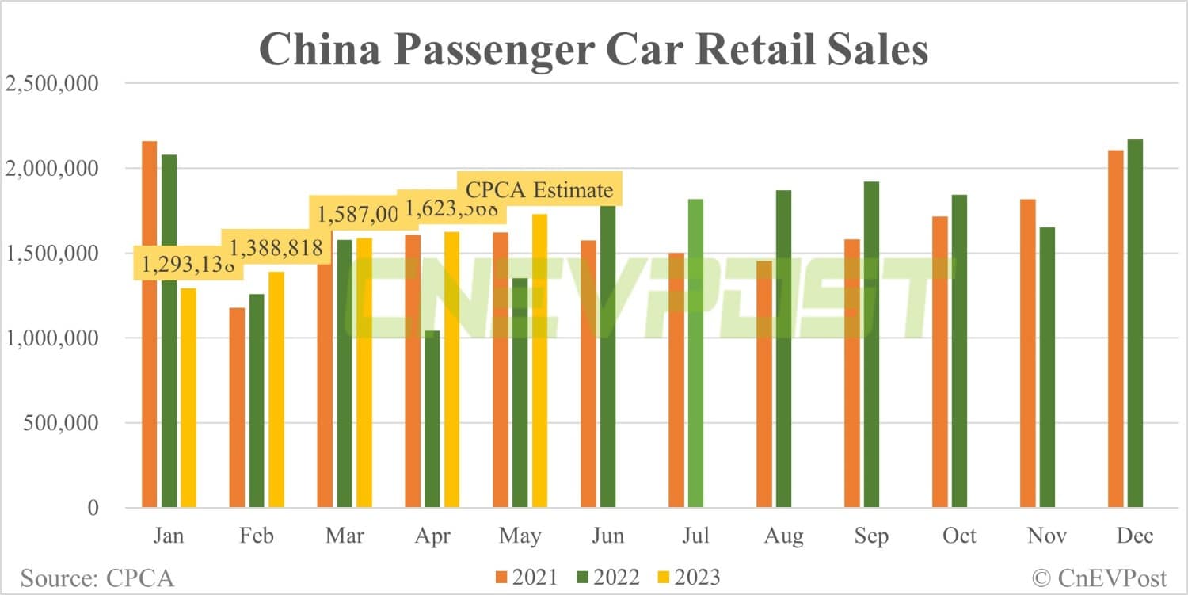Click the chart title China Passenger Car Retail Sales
(593, 49)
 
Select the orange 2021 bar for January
(149, 324)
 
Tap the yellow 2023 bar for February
(276, 389)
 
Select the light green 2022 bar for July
(695, 353)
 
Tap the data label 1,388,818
(273, 248)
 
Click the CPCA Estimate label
(539, 190)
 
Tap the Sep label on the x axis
(871, 536)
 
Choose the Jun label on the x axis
(607, 536)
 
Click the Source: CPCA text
(97, 578)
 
